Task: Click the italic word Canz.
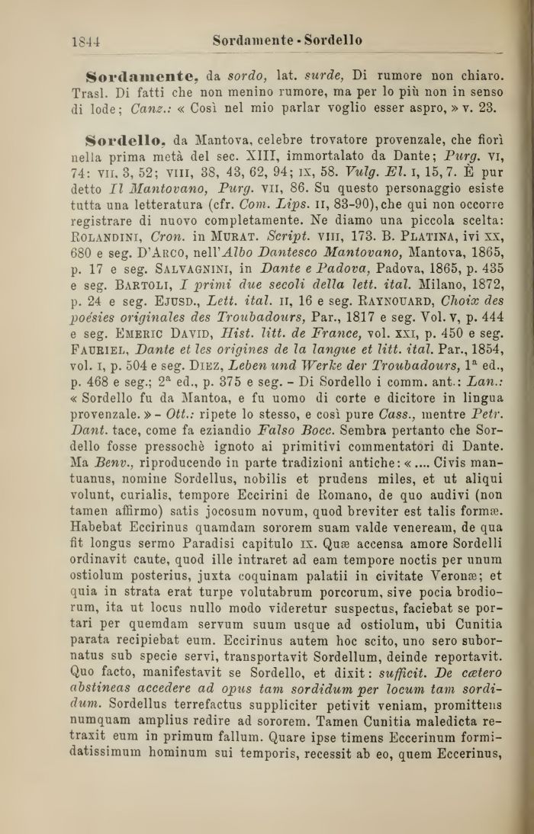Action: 169,109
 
